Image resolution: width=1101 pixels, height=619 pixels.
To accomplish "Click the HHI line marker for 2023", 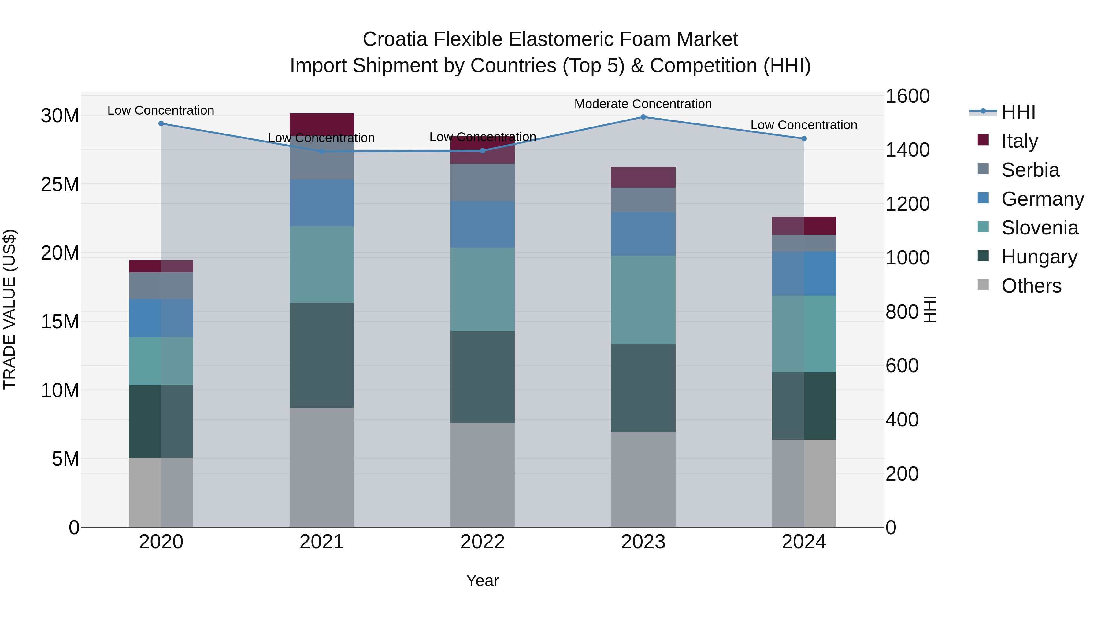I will (x=643, y=117).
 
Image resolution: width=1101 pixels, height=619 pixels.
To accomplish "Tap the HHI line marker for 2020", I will (x=161, y=123).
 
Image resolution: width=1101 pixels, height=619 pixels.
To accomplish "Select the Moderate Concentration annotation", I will (x=643, y=104).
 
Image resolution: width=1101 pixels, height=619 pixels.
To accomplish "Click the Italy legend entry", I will (x=1019, y=141).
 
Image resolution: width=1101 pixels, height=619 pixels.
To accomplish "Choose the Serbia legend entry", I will (x=1030, y=170).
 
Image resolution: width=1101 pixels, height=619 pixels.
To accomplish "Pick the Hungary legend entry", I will (x=1039, y=257).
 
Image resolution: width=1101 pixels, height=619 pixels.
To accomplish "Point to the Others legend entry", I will (x=1031, y=286).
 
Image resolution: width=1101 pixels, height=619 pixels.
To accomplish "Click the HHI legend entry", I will (x=1018, y=112).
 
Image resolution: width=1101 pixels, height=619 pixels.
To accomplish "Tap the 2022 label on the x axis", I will (x=483, y=542).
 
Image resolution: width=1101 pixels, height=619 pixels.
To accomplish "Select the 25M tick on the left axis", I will (x=60, y=185).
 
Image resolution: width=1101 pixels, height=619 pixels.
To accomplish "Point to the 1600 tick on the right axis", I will (x=907, y=96).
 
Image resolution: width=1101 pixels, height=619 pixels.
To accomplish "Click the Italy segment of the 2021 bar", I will (x=322, y=124).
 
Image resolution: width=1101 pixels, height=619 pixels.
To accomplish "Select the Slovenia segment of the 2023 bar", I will (x=643, y=300).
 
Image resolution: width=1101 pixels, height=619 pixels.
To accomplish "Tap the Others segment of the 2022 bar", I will (x=483, y=475).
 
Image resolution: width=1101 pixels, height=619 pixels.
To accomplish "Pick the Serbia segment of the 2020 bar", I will (x=161, y=286).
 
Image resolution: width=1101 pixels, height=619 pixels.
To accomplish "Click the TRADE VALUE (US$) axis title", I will (x=9, y=309).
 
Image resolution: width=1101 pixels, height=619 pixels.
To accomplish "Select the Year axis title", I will (x=483, y=580).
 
